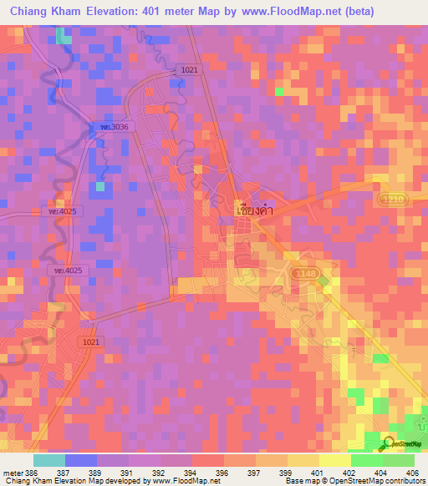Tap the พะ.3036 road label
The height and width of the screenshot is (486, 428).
point(110,126)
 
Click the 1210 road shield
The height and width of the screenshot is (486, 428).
point(387,200)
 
